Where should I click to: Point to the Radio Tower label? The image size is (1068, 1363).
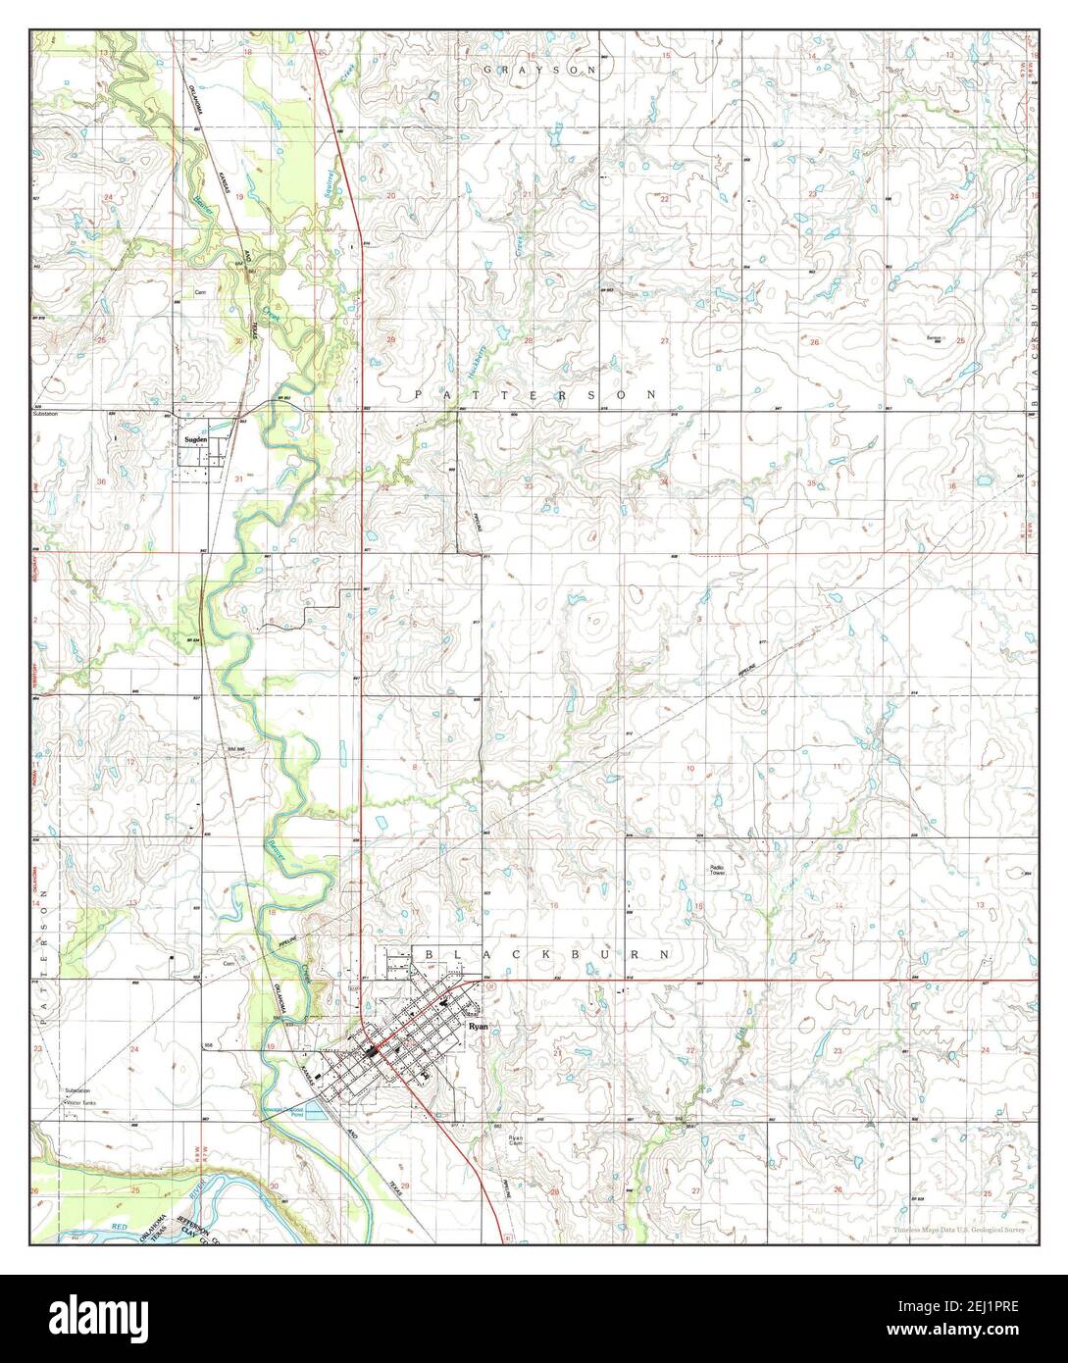[x=722, y=872]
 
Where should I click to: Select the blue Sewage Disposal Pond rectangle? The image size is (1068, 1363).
[x=312, y=1109]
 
